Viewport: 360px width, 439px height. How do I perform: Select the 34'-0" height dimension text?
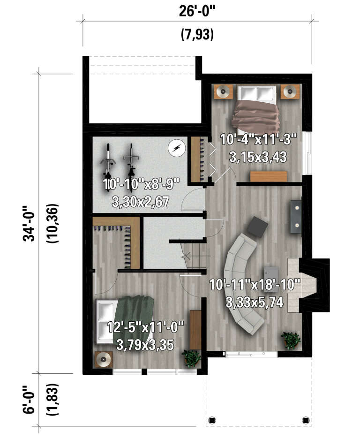point(29,223)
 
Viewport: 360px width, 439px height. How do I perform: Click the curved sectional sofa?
point(241,286)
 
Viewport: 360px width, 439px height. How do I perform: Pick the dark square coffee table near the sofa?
point(257,227)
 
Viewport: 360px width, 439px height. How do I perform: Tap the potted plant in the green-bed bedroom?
point(191,358)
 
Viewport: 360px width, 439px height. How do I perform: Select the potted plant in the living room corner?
point(291,340)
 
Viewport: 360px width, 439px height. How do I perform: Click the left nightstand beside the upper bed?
point(223,91)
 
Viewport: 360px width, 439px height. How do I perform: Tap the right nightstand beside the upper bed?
point(291,91)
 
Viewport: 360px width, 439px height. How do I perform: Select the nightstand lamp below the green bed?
point(104,360)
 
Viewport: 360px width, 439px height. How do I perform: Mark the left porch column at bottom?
point(211,419)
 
